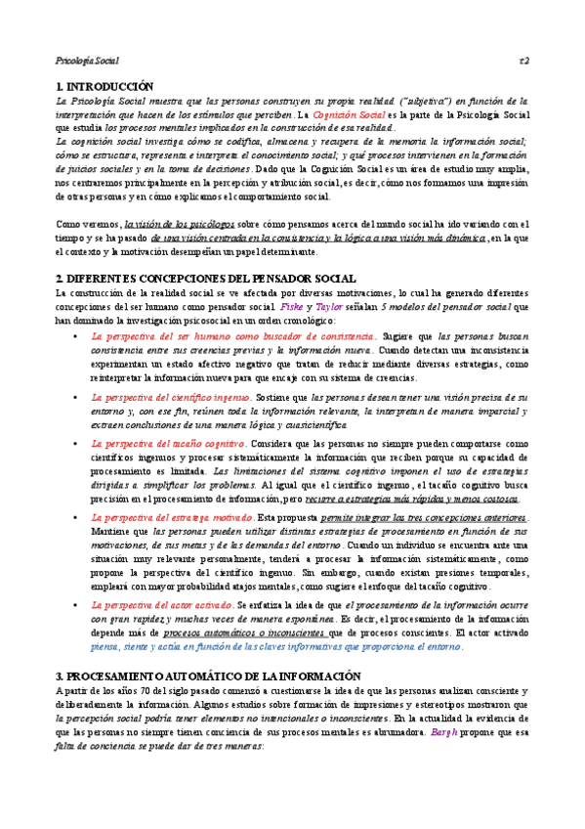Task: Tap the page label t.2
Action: (x=523, y=61)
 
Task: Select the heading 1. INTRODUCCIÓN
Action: (x=106, y=87)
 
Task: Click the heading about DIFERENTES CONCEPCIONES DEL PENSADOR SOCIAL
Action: (x=205, y=279)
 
